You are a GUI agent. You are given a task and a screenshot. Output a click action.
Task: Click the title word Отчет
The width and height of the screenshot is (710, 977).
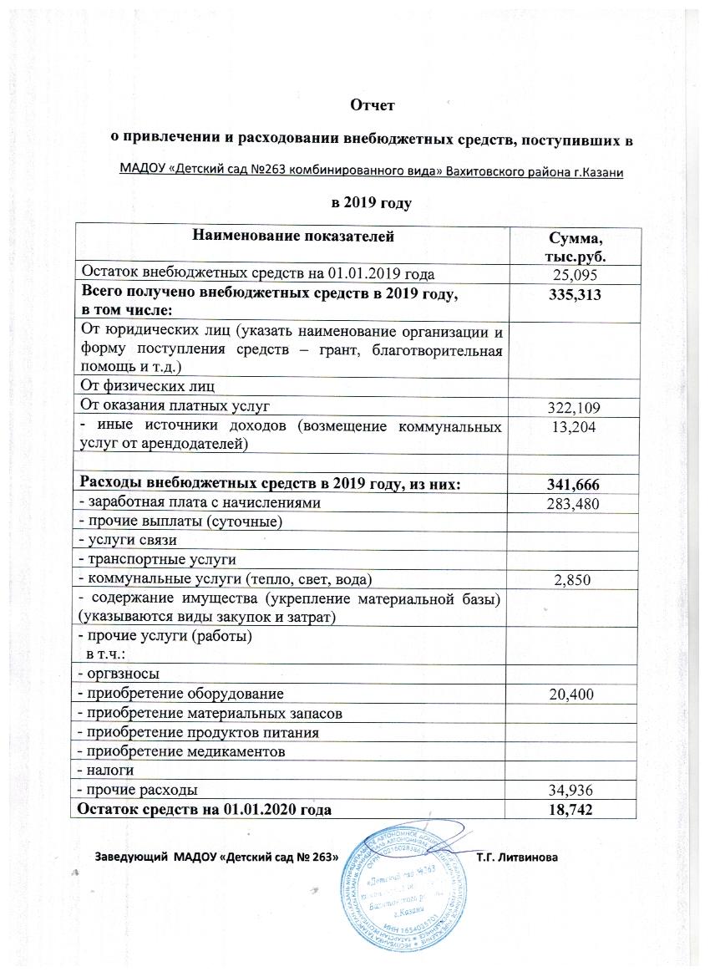coord(373,106)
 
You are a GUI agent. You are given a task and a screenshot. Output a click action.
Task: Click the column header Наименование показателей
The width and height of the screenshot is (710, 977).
coord(292,238)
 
